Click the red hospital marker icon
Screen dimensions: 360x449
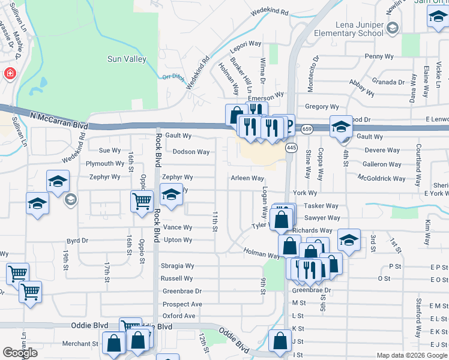coord(10,74)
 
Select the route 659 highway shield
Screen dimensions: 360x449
coord(307,129)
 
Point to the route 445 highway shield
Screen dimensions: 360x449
coord(292,148)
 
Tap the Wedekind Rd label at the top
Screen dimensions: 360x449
coord(270,11)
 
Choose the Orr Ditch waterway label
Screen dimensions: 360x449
coord(173,76)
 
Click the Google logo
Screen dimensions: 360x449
coord(20,353)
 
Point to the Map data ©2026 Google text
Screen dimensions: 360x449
coord(412,355)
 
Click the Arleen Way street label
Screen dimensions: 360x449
coord(247,178)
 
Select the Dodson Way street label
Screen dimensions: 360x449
coord(191,152)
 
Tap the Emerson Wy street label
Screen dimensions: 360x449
coord(265,96)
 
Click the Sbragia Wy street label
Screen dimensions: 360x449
coord(177,266)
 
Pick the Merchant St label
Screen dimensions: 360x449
coord(81,344)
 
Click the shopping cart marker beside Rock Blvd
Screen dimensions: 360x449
coord(142,202)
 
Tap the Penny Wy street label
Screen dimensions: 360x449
coord(378,56)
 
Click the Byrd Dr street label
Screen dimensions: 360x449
coord(77,241)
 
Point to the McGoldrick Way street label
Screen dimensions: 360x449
coord(381,178)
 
